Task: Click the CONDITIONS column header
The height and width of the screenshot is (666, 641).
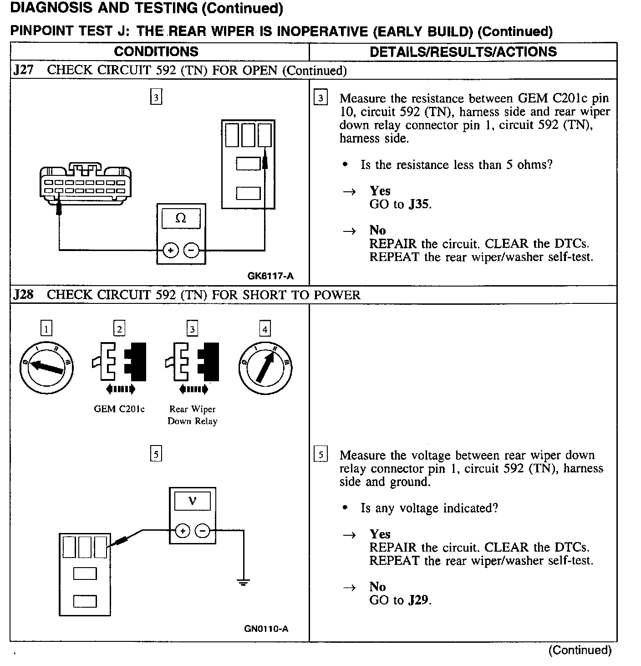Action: [x=156, y=51]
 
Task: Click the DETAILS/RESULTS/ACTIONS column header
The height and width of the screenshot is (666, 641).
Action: [x=463, y=51]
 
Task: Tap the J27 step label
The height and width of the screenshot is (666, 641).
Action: [x=23, y=70]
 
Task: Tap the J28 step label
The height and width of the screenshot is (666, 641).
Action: [x=23, y=295]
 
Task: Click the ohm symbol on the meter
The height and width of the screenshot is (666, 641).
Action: [x=181, y=219]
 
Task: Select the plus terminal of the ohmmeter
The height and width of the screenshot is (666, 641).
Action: [x=170, y=250]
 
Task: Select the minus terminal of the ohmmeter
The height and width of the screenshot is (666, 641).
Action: [x=191, y=250]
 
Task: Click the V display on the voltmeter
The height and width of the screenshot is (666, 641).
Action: [x=192, y=502]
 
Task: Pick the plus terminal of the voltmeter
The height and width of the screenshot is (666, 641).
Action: [x=182, y=531]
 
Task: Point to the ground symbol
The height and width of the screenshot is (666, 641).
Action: [x=244, y=582]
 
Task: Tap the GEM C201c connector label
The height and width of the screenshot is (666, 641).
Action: [x=119, y=409]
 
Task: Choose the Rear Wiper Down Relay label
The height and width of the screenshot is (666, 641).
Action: [x=192, y=415]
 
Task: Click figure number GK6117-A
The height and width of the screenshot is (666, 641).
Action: [x=270, y=276]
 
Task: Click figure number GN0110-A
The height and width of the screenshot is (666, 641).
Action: [x=266, y=629]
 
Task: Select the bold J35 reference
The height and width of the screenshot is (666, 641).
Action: [x=419, y=204]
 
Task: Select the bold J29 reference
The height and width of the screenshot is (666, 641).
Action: [x=419, y=600]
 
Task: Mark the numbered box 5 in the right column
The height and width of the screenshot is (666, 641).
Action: [x=321, y=455]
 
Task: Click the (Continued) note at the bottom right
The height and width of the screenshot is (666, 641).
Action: [x=580, y=650]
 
